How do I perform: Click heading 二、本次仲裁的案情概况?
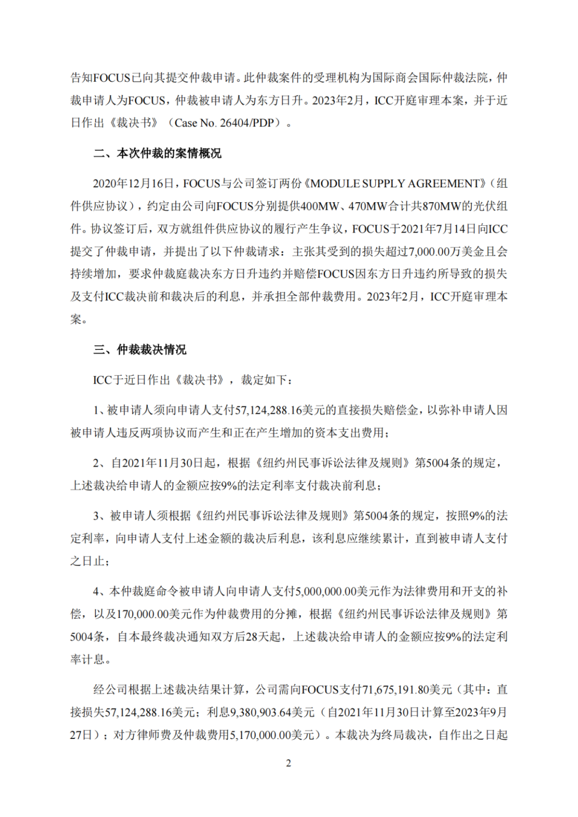coord(157,154)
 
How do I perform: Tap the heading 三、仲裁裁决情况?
coord(140,350)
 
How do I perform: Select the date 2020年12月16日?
coord(134,184)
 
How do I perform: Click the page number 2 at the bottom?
coord(288,763)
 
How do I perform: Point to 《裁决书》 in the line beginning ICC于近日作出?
coord(199,380)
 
